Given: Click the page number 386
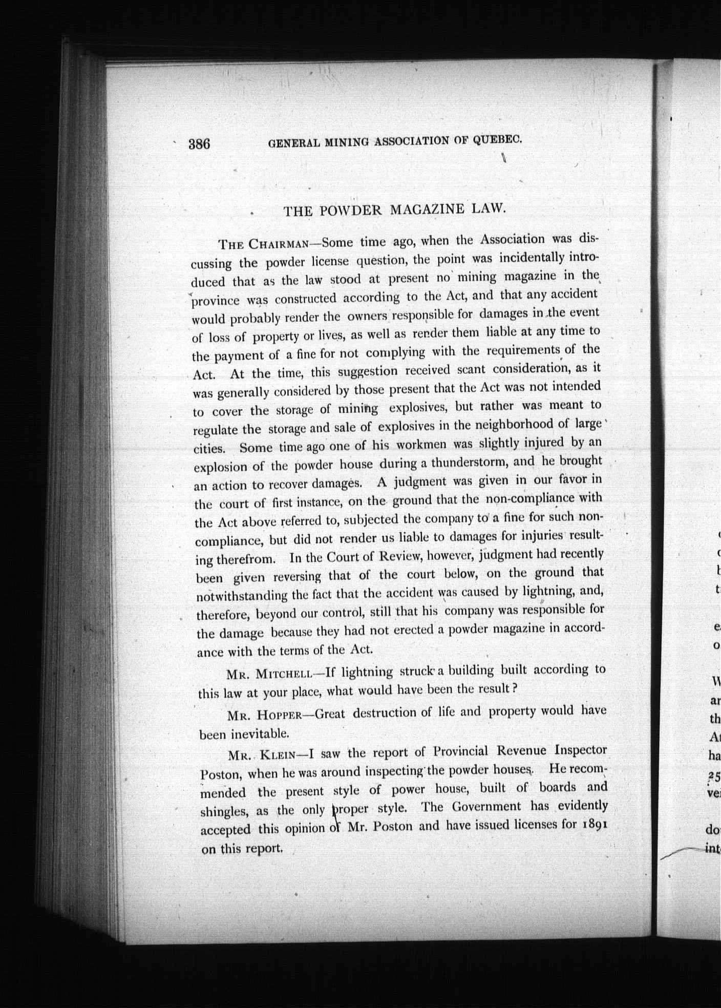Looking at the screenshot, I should click(x=199, y=144).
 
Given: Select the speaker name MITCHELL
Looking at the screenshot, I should click(x=283, y=674).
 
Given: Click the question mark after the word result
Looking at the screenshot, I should click(x=515, y=688).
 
